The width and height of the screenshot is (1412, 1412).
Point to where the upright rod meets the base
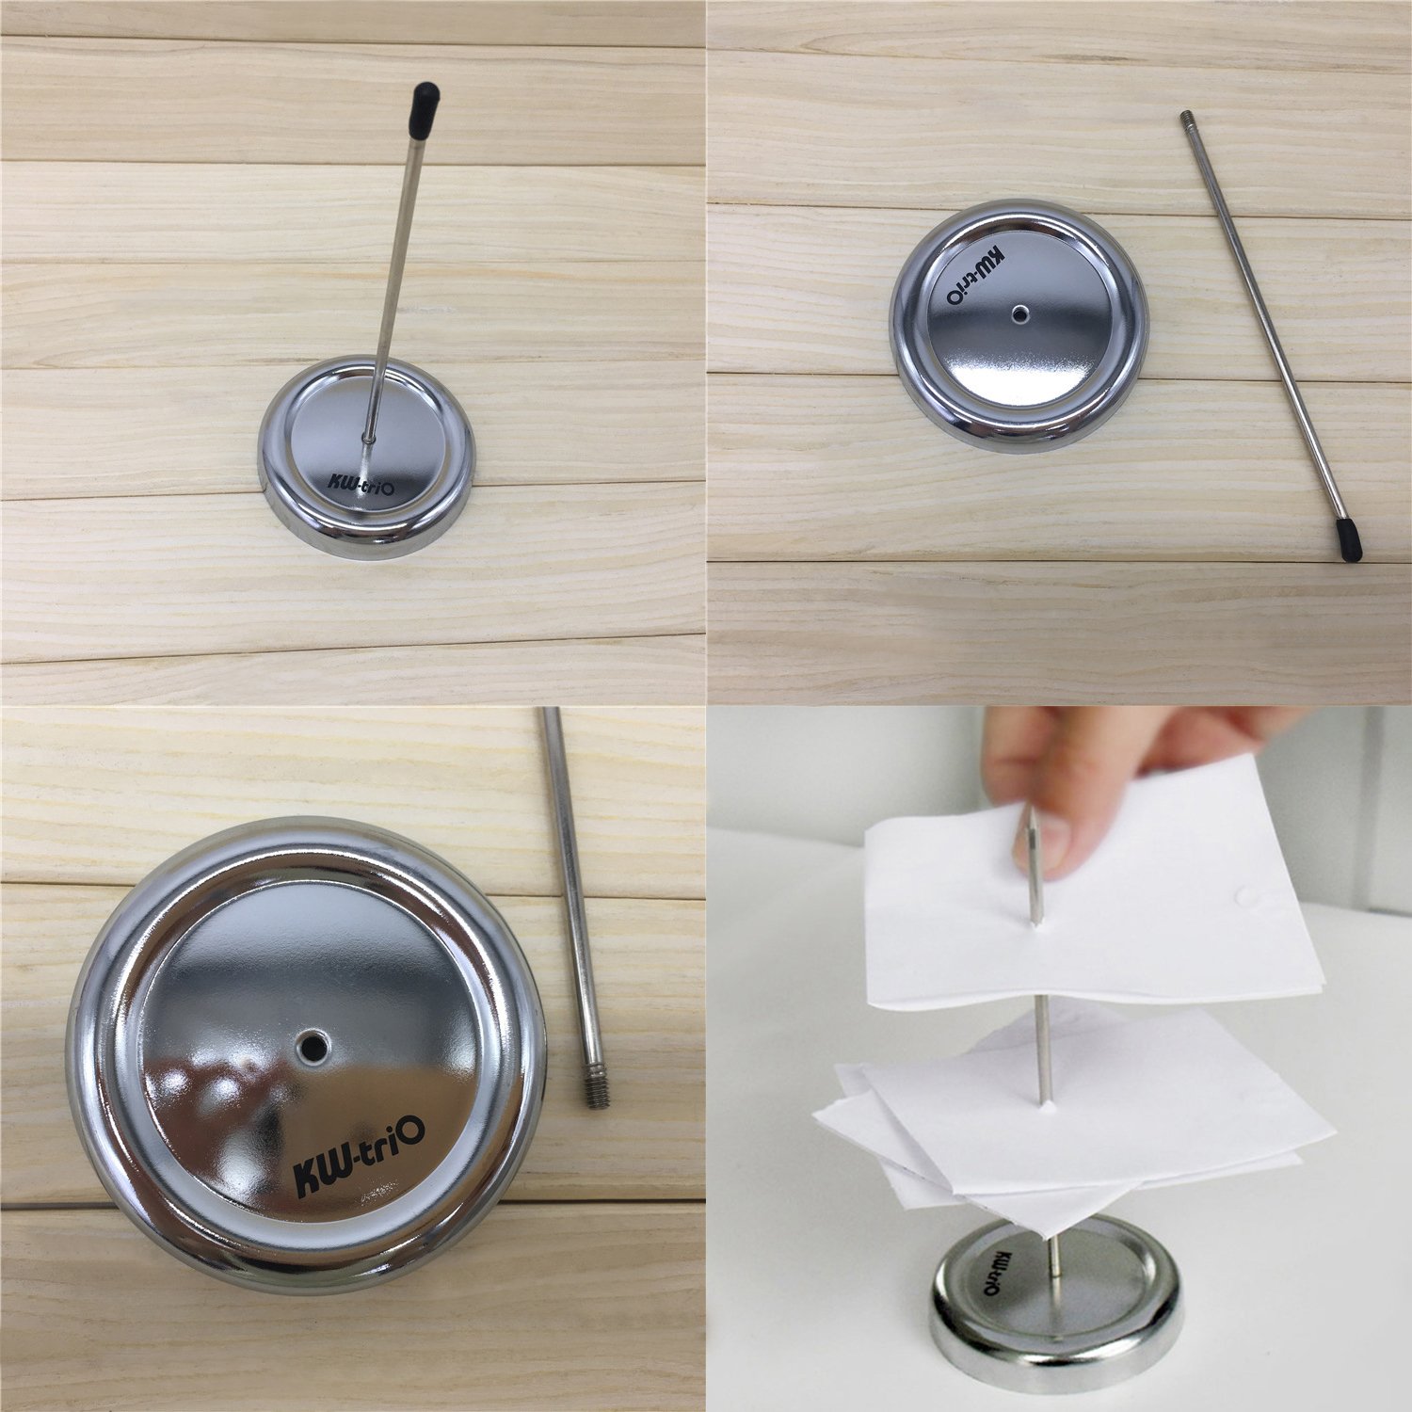367,438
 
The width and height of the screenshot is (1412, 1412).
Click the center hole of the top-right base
1019,314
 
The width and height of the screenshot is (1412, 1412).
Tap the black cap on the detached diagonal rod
1349,543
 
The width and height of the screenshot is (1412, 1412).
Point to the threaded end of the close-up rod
593,1090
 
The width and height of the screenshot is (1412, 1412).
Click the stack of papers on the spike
1073,1120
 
